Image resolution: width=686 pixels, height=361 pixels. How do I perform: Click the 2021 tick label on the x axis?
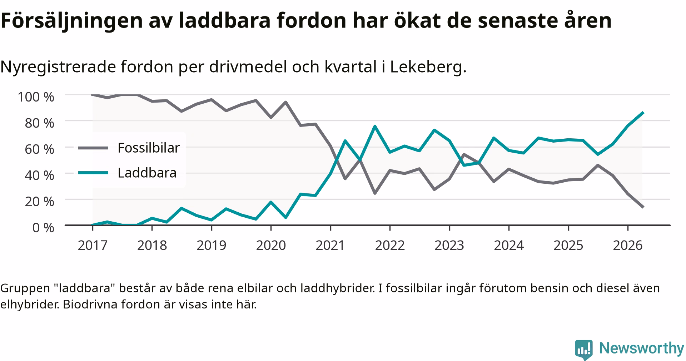pos(330,246)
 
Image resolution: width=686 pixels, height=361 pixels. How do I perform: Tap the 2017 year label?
pos(93,246)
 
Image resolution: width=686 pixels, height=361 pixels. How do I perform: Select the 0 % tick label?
pos(43,227)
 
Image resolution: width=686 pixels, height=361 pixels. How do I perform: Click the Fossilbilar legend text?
pos(149,148)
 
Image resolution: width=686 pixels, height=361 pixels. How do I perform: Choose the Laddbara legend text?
pos(147,173)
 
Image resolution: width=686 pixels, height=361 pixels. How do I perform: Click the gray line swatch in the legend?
pos(93,148)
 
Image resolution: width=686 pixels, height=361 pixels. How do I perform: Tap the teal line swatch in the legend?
pos(93,173)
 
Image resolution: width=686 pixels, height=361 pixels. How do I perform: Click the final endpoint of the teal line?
pos(643,113)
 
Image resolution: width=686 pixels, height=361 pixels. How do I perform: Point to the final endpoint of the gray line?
pos(643,207)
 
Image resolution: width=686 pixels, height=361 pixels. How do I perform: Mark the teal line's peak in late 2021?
pos(375,126)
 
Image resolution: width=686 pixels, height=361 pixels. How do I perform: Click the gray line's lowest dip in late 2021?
pos(375,193)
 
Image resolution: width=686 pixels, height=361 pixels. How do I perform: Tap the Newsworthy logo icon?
pos(584,350)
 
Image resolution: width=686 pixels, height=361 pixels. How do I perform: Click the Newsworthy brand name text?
pos(641,348)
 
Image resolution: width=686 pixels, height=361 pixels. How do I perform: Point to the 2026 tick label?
pos(628,246)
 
